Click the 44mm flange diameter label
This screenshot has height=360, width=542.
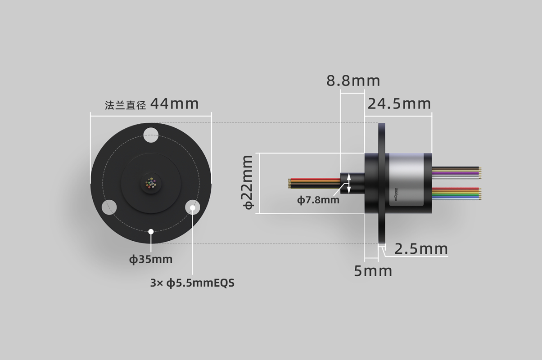pos(175,104)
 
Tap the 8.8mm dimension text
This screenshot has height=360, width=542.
pos(353,81)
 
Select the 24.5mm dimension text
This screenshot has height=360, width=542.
pos(399,104)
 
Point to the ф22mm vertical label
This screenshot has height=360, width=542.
pos(247,182)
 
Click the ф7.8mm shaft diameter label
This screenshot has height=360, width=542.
pos(318,200)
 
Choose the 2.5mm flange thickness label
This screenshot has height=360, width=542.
pos(421,249)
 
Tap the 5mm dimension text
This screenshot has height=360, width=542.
pos(373,271)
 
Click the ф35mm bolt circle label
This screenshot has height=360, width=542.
pos(151,260)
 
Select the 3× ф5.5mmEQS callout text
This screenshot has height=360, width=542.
pos(192,283)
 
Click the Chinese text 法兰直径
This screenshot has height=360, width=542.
pos(125,105)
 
